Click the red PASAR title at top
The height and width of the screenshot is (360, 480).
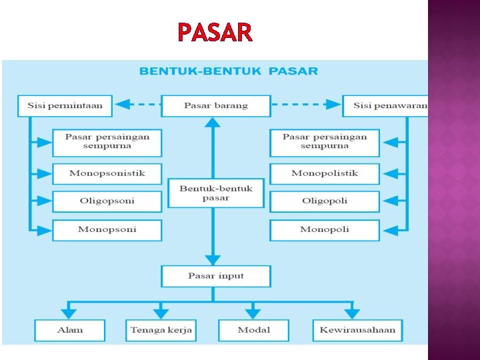(215, 32)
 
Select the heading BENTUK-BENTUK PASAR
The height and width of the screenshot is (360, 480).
(229, 71)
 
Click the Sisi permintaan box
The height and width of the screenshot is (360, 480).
(65, 105)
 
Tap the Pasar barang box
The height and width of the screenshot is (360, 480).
(215, 105)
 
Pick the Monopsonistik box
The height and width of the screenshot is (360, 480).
(107, 173)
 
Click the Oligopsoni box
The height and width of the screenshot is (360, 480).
(107, 201)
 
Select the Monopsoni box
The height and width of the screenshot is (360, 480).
(107, 229)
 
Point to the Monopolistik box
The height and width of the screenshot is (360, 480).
(325, 173)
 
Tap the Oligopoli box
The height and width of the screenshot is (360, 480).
(325, 201)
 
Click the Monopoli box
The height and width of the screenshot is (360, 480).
(325, 229)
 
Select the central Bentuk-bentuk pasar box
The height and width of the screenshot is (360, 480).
(215, 193)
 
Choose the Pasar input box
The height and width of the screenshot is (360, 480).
(215, 276)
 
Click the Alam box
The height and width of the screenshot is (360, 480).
(70, 330)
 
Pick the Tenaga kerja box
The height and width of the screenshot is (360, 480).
(161, 330)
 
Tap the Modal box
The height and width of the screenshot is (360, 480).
(253, 330)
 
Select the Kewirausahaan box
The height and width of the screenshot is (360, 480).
(357, 330)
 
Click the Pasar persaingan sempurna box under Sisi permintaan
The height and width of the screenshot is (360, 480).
(107, 141)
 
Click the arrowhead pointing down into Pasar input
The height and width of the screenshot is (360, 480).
(213, 259)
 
